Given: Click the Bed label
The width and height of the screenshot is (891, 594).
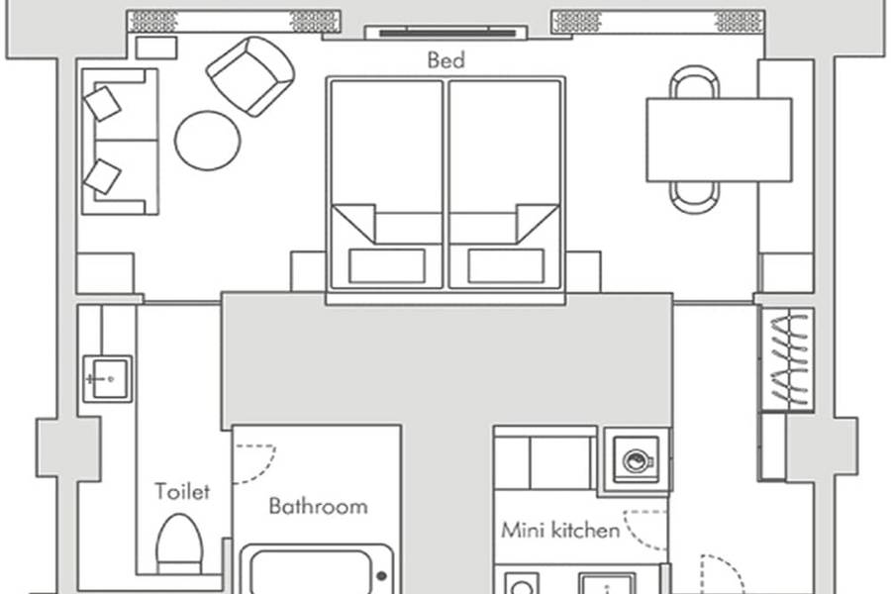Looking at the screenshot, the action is click(x=446, y=59).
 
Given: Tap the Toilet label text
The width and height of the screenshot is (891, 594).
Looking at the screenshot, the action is click(x=182, y=491).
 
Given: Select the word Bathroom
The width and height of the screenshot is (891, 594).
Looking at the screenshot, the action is click(x=318, y=506).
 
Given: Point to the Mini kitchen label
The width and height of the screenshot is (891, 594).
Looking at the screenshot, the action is click(x=560, y=531).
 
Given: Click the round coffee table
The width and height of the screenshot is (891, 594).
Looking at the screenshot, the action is click(x=208, y=141).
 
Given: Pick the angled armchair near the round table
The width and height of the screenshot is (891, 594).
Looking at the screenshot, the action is click(x=250, y=77).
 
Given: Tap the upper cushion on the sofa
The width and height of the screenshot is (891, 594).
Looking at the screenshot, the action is click(x=102, y=103).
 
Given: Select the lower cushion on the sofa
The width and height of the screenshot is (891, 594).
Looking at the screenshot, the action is click(x=102, y=177).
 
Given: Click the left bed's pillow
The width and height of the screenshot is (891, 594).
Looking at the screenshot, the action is click(x=387, y=265).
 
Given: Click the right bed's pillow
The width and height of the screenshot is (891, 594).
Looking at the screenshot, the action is click(x=506, y=265).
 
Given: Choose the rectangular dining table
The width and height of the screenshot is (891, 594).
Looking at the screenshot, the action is click(x=719, y=140).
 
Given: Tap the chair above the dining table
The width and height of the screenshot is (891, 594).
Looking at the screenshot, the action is click(x=694, y=82).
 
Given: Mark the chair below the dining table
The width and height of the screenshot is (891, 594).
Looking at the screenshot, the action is click(x=694, y=197).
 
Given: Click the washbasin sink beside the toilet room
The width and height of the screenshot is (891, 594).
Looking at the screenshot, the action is click(x=108, y=378).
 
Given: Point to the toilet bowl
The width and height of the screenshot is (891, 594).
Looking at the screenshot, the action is click(x=179, y=544).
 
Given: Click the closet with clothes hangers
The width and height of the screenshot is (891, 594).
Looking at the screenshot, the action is click(x=788, y=359).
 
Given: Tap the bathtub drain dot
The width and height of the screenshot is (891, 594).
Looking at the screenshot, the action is click(x=382, y=576).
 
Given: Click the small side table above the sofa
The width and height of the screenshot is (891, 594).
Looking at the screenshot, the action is click(x=156, y=48).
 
